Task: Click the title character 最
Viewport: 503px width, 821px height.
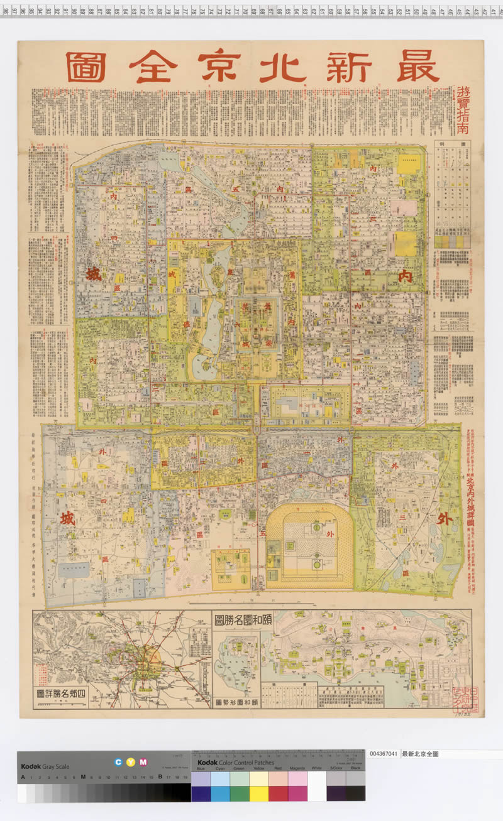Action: point(418,67)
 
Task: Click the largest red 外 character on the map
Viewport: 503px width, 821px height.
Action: point(444,519)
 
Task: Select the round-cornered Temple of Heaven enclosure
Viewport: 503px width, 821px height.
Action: point(309,545)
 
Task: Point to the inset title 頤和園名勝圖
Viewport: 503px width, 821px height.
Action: point(236,621)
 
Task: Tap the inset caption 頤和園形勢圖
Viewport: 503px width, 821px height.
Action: point(236,701)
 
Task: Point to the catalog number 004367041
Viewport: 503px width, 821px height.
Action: point(384,753)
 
